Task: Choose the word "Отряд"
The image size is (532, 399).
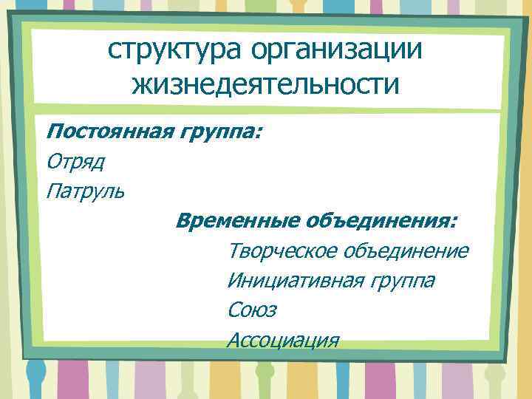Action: coord(75,161)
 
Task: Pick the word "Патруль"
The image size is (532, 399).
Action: coord(85,191)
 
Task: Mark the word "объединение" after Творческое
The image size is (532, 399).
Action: coord(406,250)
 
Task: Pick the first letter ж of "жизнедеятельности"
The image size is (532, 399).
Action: coord(140,86)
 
